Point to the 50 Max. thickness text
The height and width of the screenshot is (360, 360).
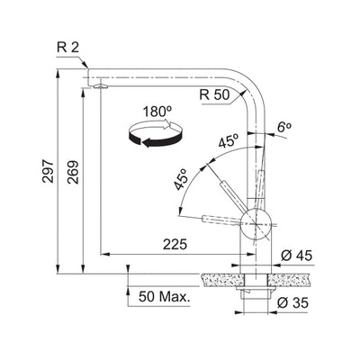[x=163, y=294]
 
